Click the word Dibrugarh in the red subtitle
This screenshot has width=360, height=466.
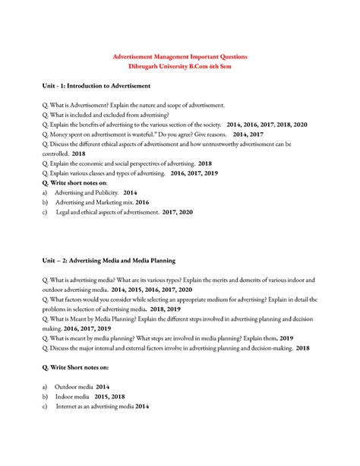pos(144,68)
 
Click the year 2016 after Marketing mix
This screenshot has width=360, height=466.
pos(142,202)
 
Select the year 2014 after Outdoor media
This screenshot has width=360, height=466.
pos(102,387)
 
